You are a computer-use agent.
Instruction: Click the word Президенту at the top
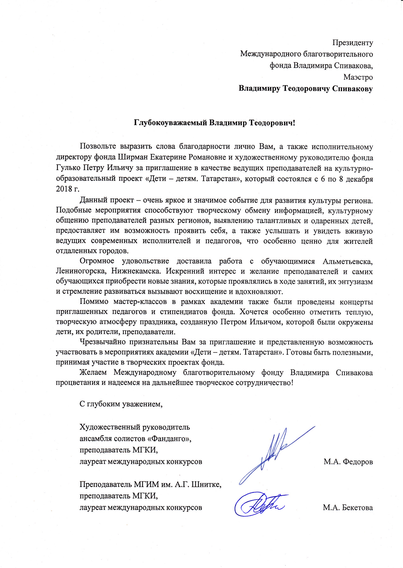pos(352,43)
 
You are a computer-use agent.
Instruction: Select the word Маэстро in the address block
pos(358,77)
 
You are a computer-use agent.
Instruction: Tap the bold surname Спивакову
pos(352,89)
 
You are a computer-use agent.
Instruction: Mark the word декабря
pos(359,179)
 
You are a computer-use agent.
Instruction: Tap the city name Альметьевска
pos(348,261)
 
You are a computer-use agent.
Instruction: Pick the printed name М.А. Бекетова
pos(348,508)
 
